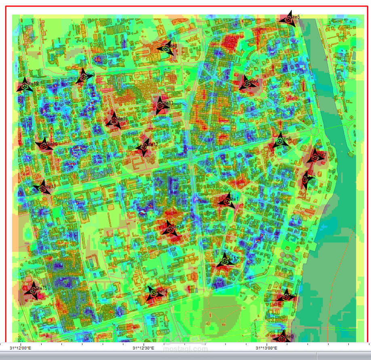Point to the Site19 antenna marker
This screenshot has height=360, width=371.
click(x=25, y=86)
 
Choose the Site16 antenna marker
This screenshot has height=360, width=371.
click(x=114, y=121)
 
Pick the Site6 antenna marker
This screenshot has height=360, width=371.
click(x=280, y=142)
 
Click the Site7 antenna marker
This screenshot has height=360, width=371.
click(x=315, y=157)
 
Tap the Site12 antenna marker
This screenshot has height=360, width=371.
click(x=143, y=147)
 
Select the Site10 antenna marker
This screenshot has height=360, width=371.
click(x=44, y=145)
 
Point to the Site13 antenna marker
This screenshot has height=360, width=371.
click(x=42, y=187)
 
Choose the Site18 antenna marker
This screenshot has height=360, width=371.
click(x=170, y=229)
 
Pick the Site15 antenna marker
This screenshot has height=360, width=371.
click(x=32, y=290)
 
